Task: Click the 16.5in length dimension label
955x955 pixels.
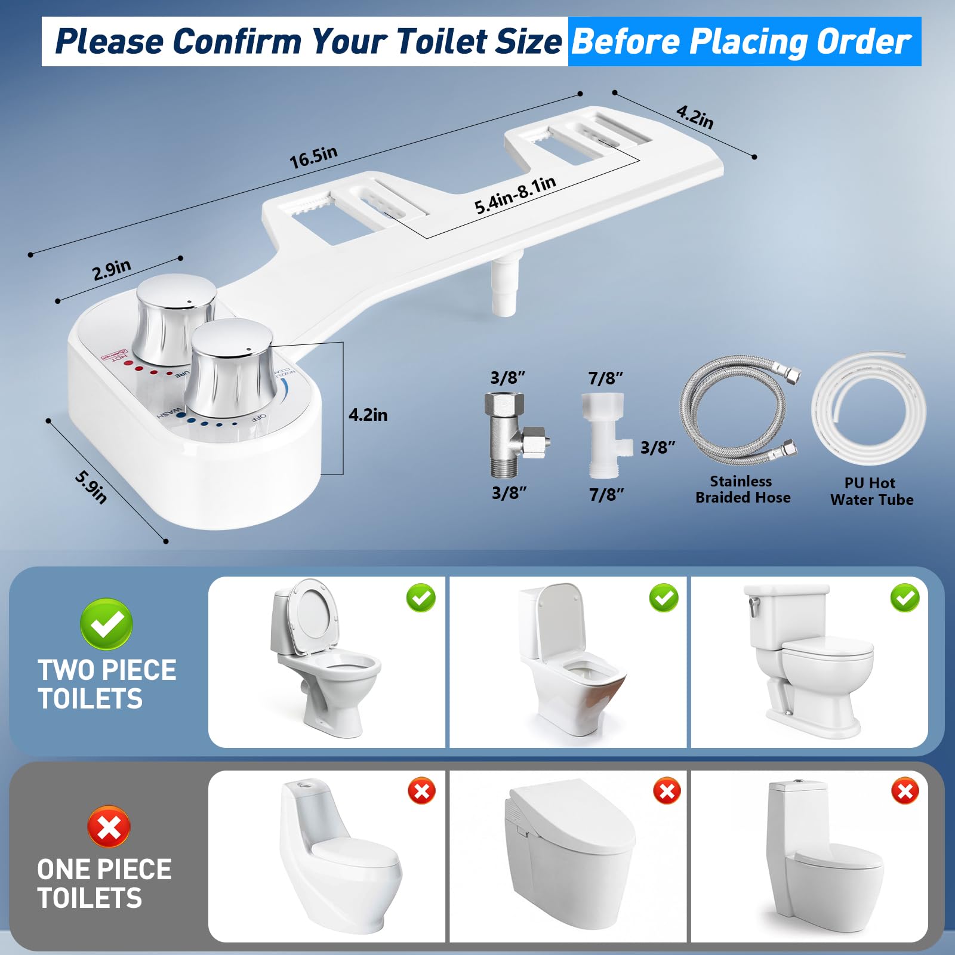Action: click(x=313, y=157)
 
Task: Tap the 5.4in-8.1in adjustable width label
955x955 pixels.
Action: click(x=515, y=195)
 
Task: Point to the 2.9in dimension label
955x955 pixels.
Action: click(x=112, y=270)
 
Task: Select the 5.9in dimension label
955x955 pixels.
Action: click(x=91, y=486)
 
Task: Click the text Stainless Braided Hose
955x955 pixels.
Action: click(x=743, y=489)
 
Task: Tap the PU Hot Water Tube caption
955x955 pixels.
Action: click(x=871, y=491)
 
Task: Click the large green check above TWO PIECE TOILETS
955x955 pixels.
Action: click(x=106, y=624)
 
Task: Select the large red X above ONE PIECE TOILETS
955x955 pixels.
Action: click(x=109, y=827)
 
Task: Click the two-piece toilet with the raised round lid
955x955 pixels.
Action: click(x=325, y=657)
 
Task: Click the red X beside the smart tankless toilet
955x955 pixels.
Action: click(x=667, y=791)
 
